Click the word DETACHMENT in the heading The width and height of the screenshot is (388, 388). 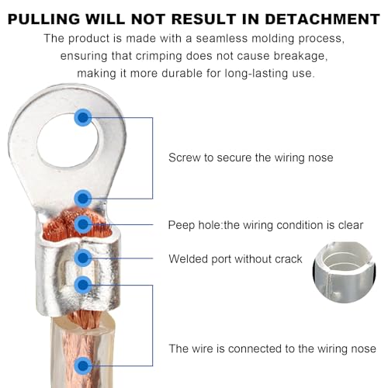(x=323, y=19)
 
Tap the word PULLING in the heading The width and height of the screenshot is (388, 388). (x=44, y=19)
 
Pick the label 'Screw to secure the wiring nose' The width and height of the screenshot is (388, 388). (x=251, y=158)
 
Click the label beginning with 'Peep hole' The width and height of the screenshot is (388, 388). (x=265, y=225)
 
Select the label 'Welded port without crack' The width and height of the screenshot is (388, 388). (x=235, y=259)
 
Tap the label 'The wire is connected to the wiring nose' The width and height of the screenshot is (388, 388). (x=272, y=348)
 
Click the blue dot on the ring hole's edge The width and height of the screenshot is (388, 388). (x=83, y=118)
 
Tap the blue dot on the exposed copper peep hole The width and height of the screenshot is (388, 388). (x=83, y=224)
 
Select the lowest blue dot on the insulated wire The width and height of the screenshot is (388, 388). (x=83, y=365)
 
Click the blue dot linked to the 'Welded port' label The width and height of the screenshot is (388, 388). (x=83, y=258)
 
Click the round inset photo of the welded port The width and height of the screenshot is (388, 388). (x=345, y=272)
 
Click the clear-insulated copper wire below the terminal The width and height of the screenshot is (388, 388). (x=83, y=352)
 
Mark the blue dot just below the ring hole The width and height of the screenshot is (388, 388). (x=83, y=199)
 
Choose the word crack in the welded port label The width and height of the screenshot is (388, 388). (x=289, y=259)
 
